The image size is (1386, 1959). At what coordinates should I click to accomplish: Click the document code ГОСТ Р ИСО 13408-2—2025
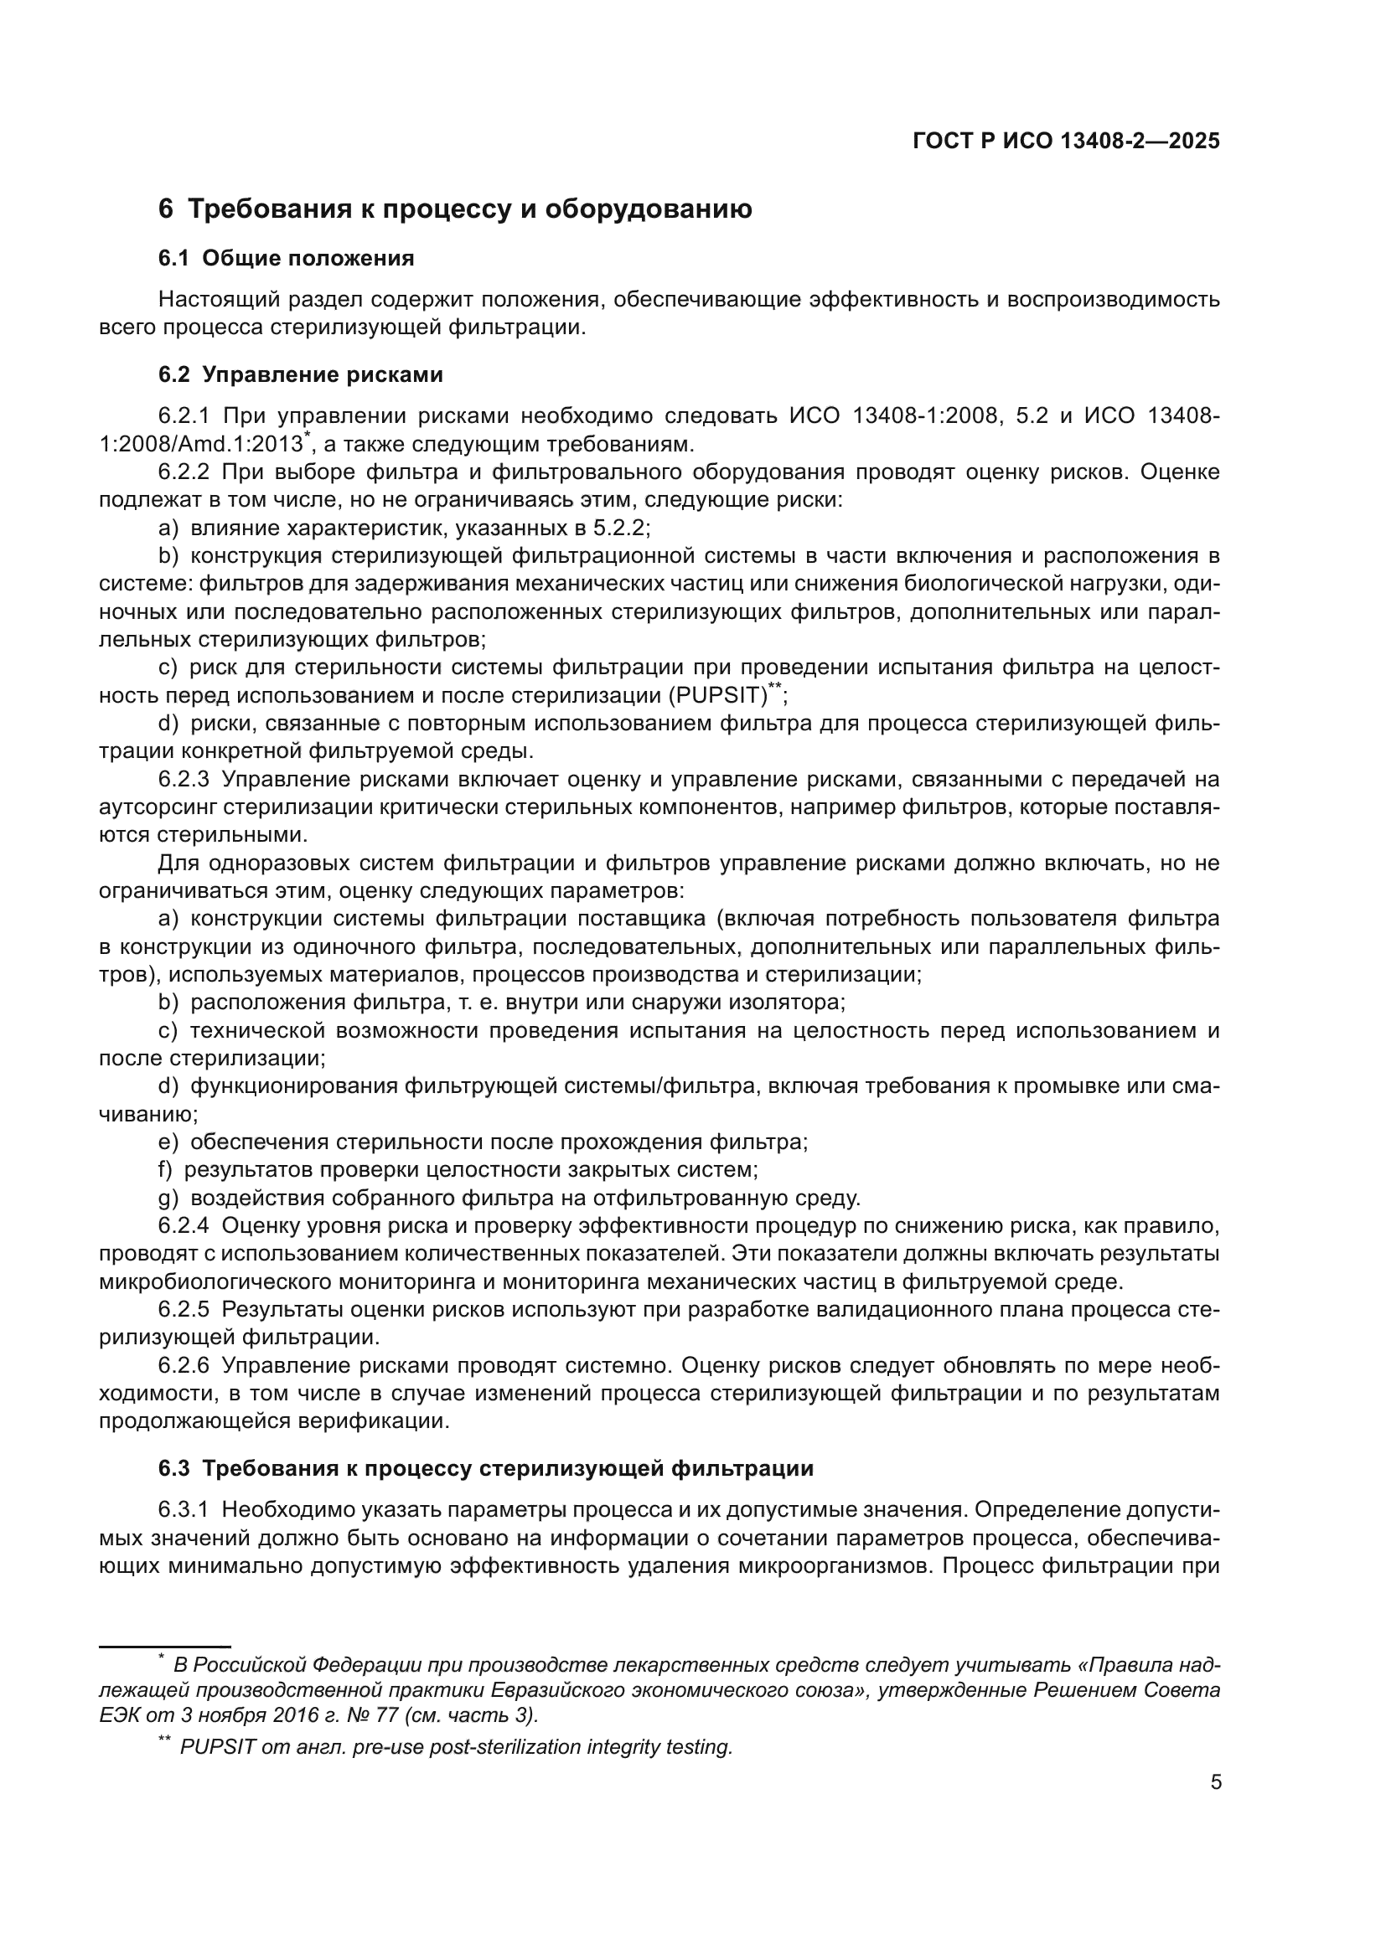coord(1066,141)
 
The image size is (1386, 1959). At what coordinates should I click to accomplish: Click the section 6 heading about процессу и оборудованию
coord(455,209)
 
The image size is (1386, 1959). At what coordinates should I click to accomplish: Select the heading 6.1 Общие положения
coord(286,258)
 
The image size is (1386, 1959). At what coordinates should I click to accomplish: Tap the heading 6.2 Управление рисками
coord(301,374)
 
